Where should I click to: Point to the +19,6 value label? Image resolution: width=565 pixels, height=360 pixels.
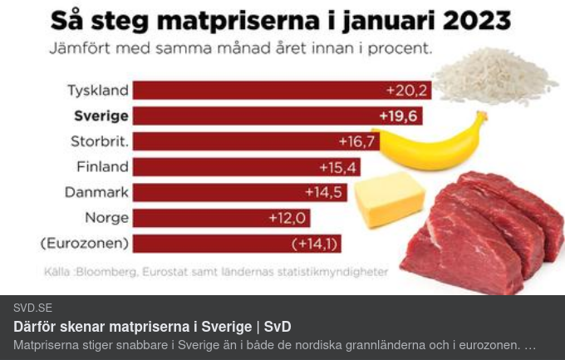click(398, 116)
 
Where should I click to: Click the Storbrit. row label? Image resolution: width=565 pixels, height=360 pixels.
click(100, 141)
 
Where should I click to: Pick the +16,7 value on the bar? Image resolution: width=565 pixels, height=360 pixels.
click(357, 141)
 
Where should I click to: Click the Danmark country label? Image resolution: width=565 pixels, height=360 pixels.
click(96, 192)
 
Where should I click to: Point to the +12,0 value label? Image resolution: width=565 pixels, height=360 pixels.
click(287, 218)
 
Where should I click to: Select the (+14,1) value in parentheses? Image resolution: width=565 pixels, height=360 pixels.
click(315, 244)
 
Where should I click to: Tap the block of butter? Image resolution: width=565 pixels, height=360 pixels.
click(389, 199)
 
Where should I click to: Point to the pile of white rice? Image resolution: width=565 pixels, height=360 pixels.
click(495, 75)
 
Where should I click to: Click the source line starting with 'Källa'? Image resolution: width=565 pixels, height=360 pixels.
click(215, 271)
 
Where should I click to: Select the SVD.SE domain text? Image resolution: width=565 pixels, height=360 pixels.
click(32, 308)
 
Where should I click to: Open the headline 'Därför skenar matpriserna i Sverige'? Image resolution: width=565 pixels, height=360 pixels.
click(152, 327)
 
